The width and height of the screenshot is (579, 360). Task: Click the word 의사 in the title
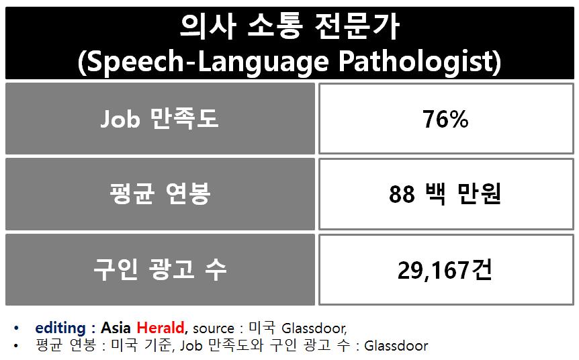(208, 27)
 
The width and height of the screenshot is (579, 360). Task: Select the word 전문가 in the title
(357, 27)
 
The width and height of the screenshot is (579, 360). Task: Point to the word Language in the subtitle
(263, 62)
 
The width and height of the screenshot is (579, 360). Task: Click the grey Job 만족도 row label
(160, 118)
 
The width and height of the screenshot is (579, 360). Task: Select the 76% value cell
(446, 118)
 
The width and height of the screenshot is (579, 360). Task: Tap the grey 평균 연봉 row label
(160, 194)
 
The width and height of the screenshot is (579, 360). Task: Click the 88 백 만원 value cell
(446, 194)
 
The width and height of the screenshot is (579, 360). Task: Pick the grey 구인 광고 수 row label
(160, 269)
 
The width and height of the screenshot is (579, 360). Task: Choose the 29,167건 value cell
(446, 269)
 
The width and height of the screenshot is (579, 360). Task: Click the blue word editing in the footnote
(60, 328)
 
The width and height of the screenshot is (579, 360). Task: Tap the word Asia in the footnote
(116, 328)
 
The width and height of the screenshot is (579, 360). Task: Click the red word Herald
(161, 328)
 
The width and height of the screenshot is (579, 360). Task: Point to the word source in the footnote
(214, 328)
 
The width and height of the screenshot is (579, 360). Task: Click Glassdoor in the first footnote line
(314, 328)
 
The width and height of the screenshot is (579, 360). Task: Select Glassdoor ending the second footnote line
(396, 346)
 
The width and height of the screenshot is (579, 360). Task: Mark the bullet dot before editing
(15, 328)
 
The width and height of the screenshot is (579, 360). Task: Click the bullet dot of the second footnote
(15, 347)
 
